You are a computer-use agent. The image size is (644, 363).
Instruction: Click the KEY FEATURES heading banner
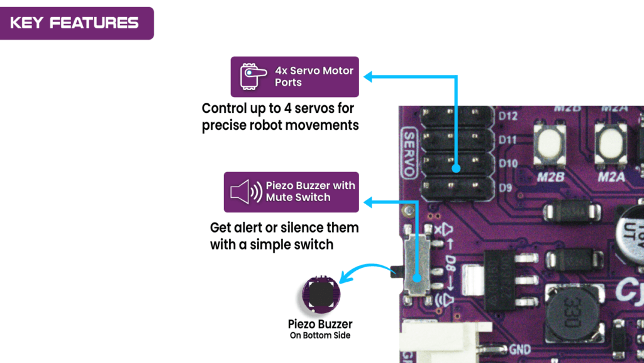[75, 23]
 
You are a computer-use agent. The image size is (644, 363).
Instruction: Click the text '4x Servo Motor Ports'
[314, 76]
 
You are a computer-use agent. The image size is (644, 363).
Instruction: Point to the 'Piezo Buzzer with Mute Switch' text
[310, 192]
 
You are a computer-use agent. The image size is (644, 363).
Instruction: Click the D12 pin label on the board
[508, 117]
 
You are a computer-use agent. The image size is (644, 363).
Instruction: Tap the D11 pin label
[508, 140]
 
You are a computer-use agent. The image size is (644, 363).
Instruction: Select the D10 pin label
[508, 164]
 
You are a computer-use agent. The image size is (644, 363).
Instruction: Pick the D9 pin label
[505, 187]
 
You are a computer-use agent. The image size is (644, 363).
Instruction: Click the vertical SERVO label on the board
[409, 153]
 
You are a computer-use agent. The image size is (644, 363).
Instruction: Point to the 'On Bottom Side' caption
[320, 336]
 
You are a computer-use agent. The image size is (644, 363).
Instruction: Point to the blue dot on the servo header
[457, 169]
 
